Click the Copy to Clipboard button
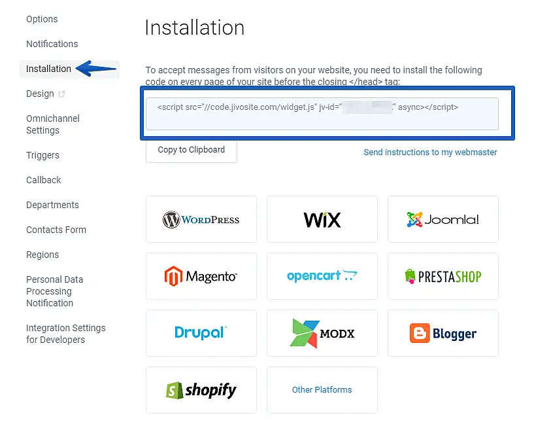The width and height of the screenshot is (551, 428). click(191, 150)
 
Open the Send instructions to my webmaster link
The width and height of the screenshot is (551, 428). click(430, 152)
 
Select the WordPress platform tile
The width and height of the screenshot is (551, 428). click(201, 219)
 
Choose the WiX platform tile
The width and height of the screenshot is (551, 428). click(322, 219)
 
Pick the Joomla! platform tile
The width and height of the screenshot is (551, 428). click(443, 219)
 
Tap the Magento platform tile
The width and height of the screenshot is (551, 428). click(201, 276)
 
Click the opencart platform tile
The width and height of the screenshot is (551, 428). click(322, 276)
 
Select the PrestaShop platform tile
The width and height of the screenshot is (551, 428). click(443, 276)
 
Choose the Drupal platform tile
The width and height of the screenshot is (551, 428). click(201, 333)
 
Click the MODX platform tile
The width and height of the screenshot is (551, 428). click(322, 333)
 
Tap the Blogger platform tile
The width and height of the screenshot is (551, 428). click(443, 333)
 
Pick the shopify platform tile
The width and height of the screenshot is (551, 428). click(201, 390)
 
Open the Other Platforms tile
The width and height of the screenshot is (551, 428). click(322, 390)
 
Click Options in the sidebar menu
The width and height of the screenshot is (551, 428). click(42, 19)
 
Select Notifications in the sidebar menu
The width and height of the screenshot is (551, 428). click(52, 44)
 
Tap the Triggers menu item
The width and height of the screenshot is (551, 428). click(42, 155)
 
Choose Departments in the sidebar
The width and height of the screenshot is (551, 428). click(52, 205)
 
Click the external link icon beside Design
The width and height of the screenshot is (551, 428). click(62, 94)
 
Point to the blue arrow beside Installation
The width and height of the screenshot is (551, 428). click(95, 69)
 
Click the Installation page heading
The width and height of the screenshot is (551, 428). click(194, 27)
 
